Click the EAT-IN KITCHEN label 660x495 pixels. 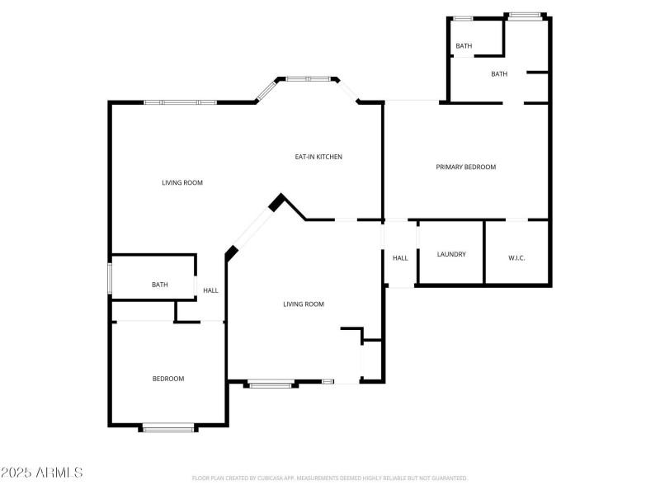[x=318, y=157]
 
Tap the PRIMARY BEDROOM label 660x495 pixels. [x=465, y=167]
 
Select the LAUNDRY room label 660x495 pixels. [x=451, y=254]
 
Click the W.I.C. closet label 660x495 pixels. [x=516, y=258]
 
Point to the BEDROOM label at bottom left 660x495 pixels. [x=168, y=379]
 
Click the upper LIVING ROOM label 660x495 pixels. [x=182, y=182]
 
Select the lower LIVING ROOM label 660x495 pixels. [x=304, y=304]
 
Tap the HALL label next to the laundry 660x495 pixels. [x=400, y=258]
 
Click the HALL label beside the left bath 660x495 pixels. [x=211, y=290]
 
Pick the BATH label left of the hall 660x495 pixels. [x=160, y=285]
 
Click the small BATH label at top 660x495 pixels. [x=464, y=46]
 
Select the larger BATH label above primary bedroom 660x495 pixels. [x=499, y=74]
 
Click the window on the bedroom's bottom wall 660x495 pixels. [x=168, y=427]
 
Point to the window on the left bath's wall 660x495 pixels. [x=111, y=278]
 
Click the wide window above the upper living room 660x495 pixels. [x=180, y=102]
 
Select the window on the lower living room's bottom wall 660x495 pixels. [x=271, y=383]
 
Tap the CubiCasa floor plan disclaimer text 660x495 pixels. [x=330, y=478]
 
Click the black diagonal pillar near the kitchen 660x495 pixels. [x=278, y=201]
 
